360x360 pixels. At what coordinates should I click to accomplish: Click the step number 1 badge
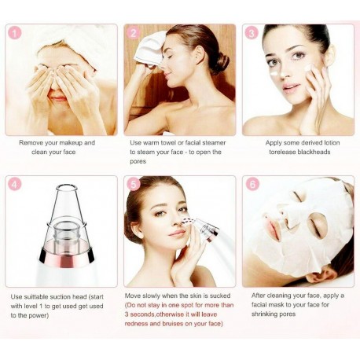(16, 33)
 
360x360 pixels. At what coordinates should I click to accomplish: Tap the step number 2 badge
(134, 33)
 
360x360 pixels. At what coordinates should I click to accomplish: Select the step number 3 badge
(252, 33)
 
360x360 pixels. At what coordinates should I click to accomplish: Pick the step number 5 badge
(134, 185)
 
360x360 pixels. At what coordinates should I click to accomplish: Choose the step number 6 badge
(252, 185)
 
